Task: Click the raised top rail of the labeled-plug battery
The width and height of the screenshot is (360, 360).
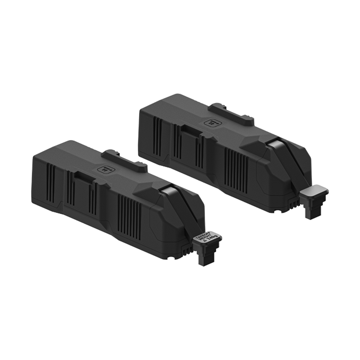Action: [124, 161]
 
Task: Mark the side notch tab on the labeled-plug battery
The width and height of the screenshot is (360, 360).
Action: [84, 177]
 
